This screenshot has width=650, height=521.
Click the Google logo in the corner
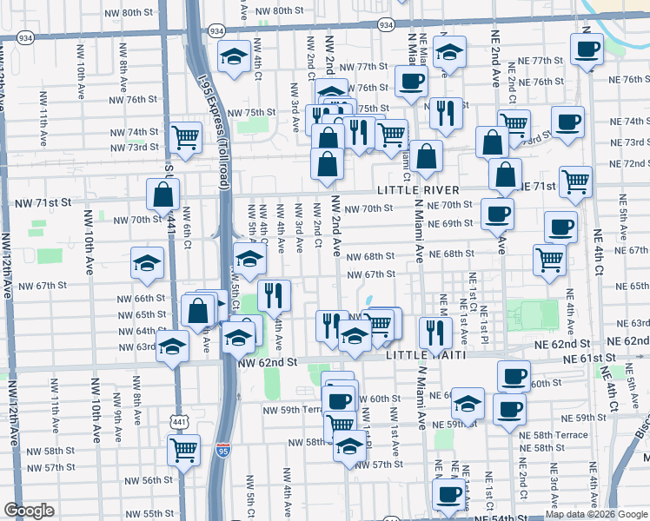click(x=29, y=511)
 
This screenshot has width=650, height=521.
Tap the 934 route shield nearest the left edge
click(x=25, y=37)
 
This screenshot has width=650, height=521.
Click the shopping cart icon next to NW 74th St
click(x=185, y=135)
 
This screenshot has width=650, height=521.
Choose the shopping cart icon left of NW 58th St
click(x=183, y=449)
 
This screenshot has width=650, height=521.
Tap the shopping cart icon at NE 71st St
click(x=576, y=182)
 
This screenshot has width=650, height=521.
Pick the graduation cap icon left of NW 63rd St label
click(x=173, y=347)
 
